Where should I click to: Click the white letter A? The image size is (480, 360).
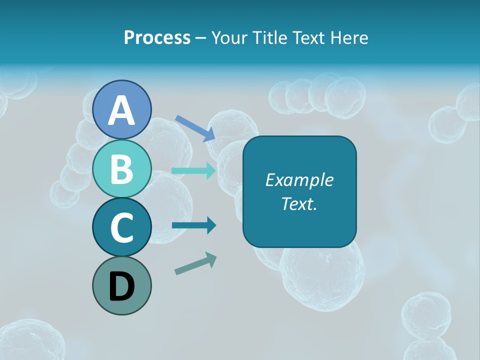point(122,111)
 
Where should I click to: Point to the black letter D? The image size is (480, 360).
point(122,287)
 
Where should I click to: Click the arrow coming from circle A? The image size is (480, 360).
point(195,128)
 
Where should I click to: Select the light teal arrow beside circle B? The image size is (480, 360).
point(194,170)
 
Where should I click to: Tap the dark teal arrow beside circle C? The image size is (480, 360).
point(194,225)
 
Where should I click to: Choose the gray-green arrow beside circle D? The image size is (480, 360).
point(195,264)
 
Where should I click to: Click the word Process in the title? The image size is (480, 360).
point(157,38)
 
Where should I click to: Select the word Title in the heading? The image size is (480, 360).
point(267,37)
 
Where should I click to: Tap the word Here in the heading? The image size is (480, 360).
point(350,37)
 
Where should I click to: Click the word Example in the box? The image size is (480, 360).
point(299,180)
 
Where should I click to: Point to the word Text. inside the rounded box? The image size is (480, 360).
point(299,203)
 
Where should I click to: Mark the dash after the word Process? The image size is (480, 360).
point(200,38)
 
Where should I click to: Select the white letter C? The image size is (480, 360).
point(122,227)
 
